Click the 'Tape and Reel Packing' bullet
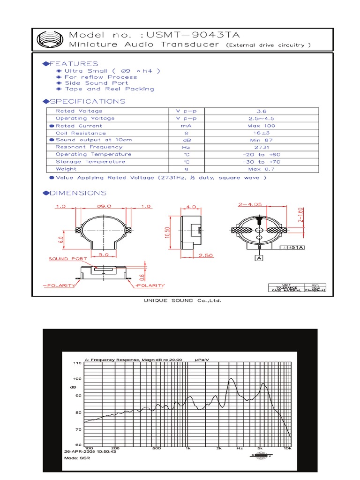[x=109, y=89]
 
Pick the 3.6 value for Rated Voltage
[x=262, y=111]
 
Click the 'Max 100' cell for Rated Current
[x=262, y=126]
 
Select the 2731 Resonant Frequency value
[x=262, y=147]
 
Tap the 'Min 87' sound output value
[x=262, y=140]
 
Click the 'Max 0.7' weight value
[x=262, y=169]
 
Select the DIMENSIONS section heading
[x=75, y=193]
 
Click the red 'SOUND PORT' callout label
[x=65, y=259]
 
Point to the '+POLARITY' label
[x=150, y=285]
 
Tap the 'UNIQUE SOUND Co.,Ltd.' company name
[x=182, y=300]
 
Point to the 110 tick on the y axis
[x=77, y=363]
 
